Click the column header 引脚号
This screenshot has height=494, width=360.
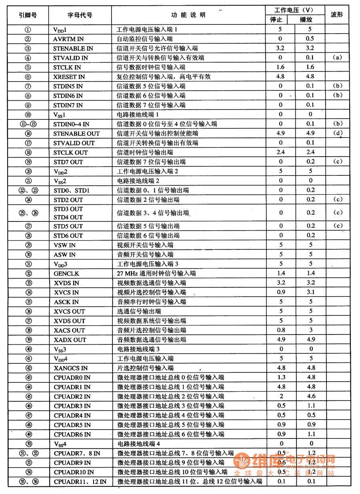point(28,15)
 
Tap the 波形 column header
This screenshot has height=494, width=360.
point(337,15)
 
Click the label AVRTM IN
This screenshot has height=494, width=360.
point(68,39)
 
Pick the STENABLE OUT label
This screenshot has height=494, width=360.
point(76,133)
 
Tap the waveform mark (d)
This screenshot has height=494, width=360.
point(337,133)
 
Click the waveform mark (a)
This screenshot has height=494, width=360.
point(337,58)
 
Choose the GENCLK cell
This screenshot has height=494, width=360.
point(66,274)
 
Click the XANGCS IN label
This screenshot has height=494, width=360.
point(71,368)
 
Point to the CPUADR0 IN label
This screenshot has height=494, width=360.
point(72,378)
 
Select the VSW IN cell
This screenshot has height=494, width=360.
point(64,245)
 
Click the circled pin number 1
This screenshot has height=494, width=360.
point(28,30)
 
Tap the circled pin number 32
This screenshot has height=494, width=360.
point(28,274)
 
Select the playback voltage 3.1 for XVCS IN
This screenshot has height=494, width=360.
point(310,293)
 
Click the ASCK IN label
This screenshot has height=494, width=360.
point(66,302)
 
